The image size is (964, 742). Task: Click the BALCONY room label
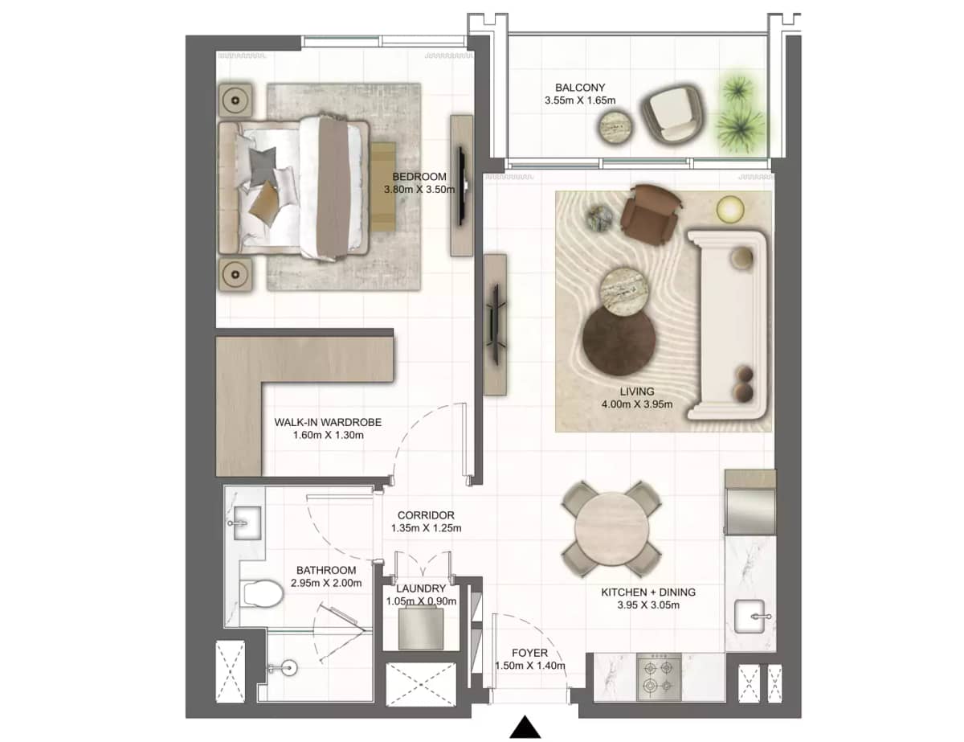[x=579, y=88]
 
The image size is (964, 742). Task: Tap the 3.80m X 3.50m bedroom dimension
[x=419, y=191]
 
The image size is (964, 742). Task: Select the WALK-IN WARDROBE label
[x=327, y=421]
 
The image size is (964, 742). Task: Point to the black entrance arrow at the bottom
[x=526, y=727]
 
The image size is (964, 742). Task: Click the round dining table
[x=611, y=528]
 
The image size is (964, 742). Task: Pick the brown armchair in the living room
[x=650, y=214]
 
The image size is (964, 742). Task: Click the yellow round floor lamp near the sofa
[x=730, y=210]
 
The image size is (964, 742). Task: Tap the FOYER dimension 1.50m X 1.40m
[x=530, y=666]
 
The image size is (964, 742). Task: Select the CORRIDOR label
[x=426, y=515]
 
